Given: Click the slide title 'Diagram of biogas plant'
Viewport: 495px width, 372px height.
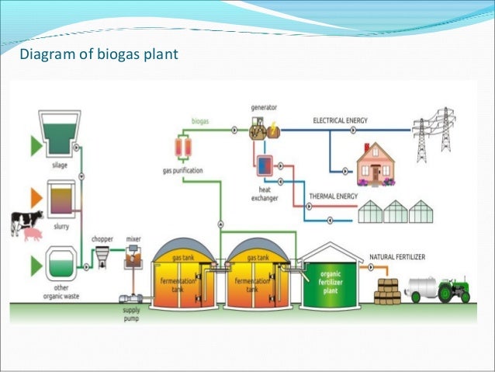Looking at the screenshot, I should coord(98,54).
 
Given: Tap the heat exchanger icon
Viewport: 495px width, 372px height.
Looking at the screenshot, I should coord(265,165).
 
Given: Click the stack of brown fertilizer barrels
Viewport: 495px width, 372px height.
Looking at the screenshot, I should coord(386,292).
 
